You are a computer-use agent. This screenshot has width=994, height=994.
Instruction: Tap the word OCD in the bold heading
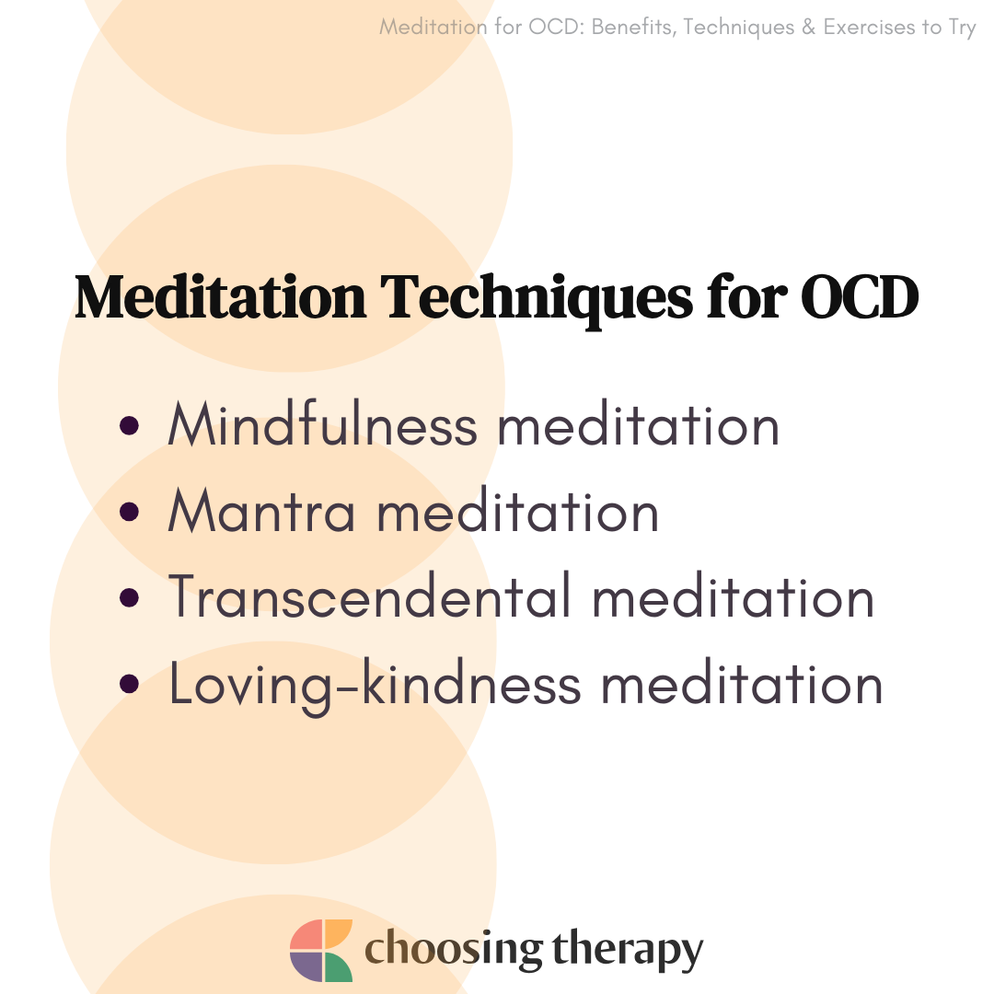click(860, 296)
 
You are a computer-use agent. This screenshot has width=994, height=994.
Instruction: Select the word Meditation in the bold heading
click(220, 296)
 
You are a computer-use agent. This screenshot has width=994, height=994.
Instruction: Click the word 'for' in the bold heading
click(746, 295)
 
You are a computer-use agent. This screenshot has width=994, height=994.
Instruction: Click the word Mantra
click(261, 510)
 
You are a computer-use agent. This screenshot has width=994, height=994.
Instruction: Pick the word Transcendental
click(370, 595)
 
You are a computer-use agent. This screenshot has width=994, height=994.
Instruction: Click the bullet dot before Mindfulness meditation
click(129, 425)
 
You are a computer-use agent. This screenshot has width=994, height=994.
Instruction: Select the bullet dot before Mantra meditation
click(129, 512)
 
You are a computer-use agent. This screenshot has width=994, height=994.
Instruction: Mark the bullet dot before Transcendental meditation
click(129, 597)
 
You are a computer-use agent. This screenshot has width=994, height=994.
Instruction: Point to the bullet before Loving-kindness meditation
click(129, 683)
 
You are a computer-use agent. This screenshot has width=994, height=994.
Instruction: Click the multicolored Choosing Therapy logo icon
click(321, 950)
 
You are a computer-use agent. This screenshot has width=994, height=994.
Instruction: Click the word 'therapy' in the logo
click(628, 951)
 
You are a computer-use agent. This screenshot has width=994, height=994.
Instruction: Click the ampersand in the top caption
click(808, 28)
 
